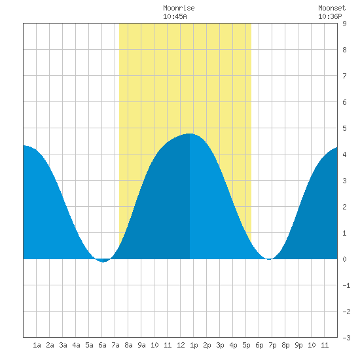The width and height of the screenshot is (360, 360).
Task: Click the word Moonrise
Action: click(x=179, y=8)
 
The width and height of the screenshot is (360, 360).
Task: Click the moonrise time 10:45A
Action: click(x=175, y=16)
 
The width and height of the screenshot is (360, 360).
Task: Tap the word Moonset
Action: click(x=332, y=8)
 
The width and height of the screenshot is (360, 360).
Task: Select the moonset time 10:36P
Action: click(x=330, y=16)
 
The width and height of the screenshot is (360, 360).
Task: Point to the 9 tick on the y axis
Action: click(x=344, y=24)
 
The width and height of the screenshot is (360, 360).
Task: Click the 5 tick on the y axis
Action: click(x=344, y=128)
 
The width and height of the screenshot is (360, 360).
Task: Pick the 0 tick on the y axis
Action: click(x=344, y=259)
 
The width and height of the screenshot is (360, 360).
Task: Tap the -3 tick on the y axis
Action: click(x=346, y=338)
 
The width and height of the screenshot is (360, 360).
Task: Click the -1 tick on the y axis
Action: click(x=346, y=285)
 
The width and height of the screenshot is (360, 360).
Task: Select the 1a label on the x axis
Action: click(x=37, y=345)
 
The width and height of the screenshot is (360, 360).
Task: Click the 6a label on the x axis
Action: click(x=102, y=345)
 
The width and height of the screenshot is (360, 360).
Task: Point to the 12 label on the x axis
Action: click(x=181, y=345)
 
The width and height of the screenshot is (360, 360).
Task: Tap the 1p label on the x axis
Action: click(x=194, y=345)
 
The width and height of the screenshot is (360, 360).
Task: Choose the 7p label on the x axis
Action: click(x=272, y=345)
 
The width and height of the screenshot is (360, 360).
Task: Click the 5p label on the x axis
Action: click(x=246, y=345)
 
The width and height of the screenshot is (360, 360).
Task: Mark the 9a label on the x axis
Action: click(x=141, y=345)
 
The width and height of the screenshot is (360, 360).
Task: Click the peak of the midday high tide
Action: click(x=190, y=134)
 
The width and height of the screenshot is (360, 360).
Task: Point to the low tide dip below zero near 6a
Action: click(x=103, y=261)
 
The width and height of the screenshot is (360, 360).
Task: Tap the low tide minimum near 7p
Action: click(x=269, y=259)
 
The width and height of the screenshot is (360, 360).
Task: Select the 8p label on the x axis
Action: click(x=285, y=345)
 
